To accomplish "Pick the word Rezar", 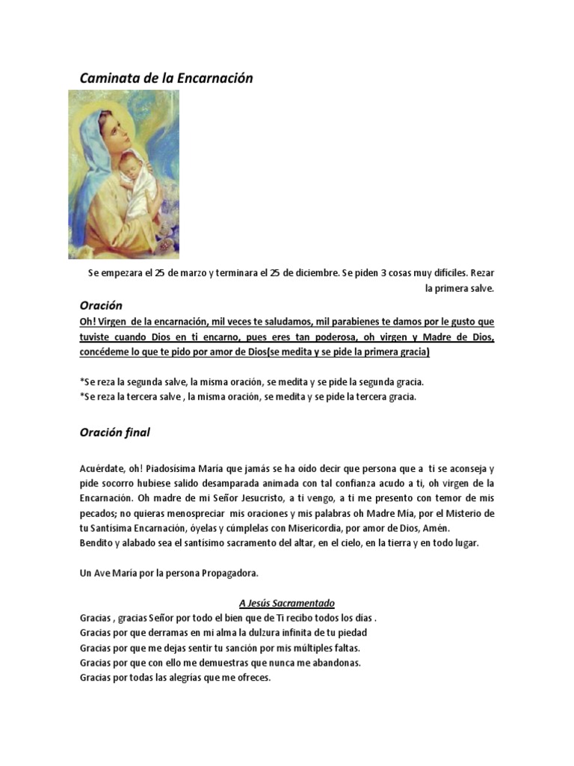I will tap(479, 273).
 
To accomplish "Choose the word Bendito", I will tap(97, 543).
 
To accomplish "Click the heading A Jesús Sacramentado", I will tap(287, 603).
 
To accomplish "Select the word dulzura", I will tap(256, 633).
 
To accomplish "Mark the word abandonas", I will tap(334, 663).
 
